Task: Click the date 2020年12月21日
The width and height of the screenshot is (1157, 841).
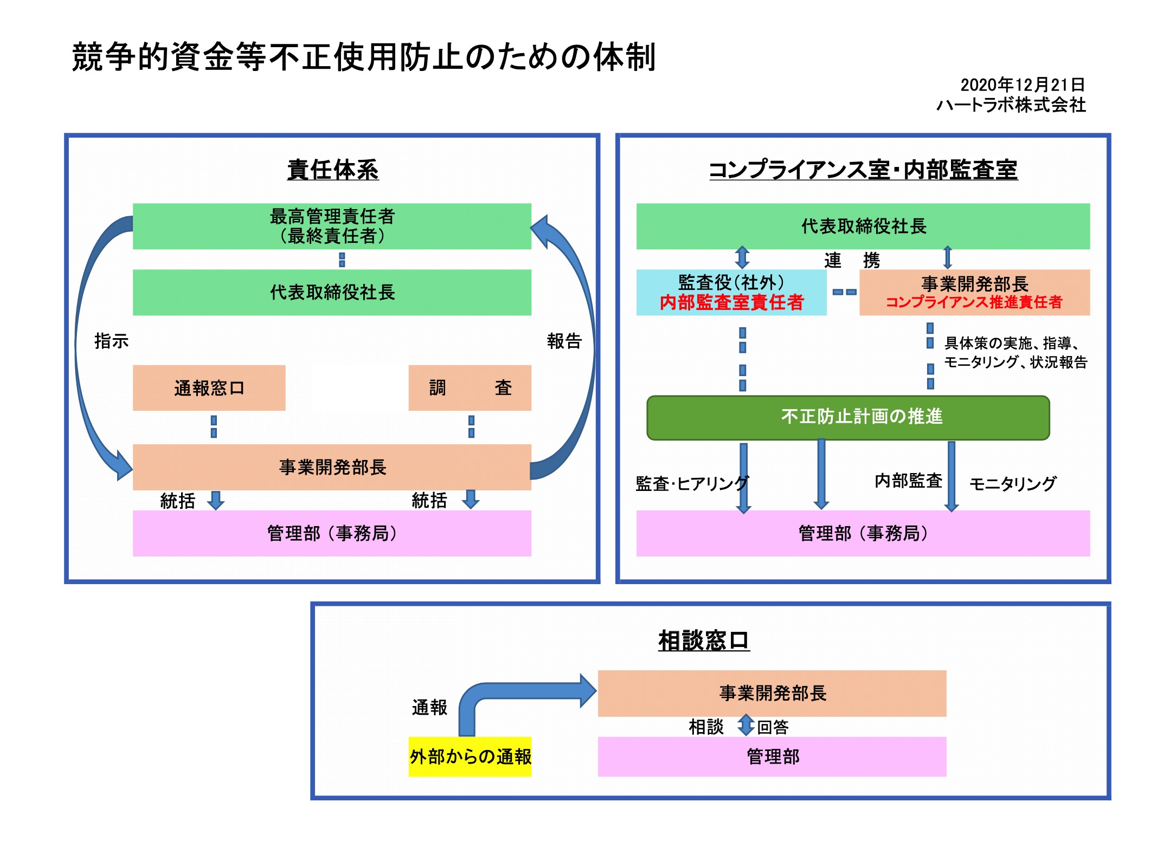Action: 1022,85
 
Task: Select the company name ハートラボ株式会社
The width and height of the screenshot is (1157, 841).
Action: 1011,105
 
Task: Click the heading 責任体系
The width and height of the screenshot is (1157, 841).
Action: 332,170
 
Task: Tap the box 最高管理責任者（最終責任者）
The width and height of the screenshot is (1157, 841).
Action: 332,226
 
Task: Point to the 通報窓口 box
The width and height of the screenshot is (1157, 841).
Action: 209,388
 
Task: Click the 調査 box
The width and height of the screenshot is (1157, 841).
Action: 470,388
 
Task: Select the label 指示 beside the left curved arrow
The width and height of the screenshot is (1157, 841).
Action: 111,341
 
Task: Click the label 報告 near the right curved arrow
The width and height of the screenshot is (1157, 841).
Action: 564,341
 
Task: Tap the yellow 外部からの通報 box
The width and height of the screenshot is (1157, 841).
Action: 470,756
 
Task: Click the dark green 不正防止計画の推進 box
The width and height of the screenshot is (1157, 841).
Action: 848,417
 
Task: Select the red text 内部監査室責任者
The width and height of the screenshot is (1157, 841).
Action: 731,302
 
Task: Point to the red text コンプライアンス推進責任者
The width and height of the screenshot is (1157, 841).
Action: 974,302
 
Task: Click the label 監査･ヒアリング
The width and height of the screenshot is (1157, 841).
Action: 691,483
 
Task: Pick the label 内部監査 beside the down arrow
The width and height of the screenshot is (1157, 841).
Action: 908,481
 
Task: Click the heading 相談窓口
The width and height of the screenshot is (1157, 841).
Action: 704,641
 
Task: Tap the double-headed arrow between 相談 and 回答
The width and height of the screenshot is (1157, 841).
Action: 746,725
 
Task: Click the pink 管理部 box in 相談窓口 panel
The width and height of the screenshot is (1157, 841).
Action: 772,756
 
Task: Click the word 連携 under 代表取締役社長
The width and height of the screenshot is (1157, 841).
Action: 851,261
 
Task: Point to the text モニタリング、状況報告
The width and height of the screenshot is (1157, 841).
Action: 1015,362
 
